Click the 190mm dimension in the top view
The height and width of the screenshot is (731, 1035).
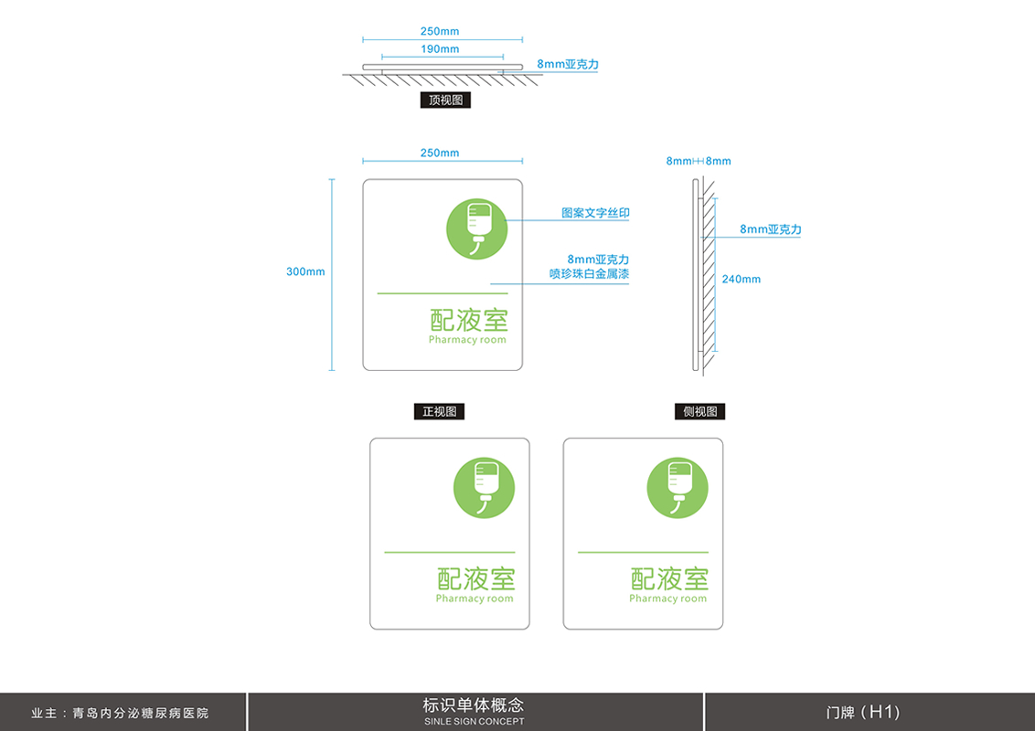[x=440, y=49]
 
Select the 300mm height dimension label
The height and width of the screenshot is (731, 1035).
[x=305, y=271]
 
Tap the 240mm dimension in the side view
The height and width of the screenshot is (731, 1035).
[x=741, y=279]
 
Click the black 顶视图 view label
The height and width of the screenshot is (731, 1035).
[x=445, y=101]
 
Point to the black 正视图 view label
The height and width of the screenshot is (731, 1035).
[x=439, y=412]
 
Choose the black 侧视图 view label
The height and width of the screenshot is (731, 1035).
[x=699, y=412]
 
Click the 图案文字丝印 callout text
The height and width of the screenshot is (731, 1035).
[x=595, y=213]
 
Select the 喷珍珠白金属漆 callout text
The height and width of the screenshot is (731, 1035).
[x=589, y=273]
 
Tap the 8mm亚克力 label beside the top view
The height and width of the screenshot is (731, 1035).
[x=568, y=65]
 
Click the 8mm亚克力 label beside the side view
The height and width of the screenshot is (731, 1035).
[x=770, y=229]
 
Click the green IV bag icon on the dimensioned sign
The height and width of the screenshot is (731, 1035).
[x=476, y=228]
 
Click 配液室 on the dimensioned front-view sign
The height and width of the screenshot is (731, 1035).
[x=468, y=320]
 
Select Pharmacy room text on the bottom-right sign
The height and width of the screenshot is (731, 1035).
[x=667, y=599]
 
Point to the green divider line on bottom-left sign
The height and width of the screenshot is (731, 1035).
[x=449, y=552]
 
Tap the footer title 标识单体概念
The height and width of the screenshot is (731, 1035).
[x=474, y=705]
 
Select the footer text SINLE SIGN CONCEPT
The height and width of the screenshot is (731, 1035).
[x=474, y=722]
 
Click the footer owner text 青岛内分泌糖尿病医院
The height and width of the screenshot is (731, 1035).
[x=141, y=713]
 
